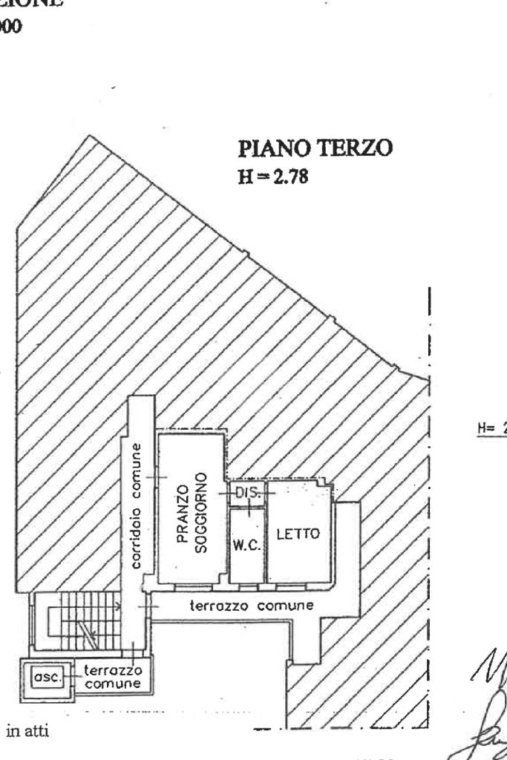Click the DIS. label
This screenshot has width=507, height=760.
(246, 493)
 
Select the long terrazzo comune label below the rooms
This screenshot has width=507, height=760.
(252, 606)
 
